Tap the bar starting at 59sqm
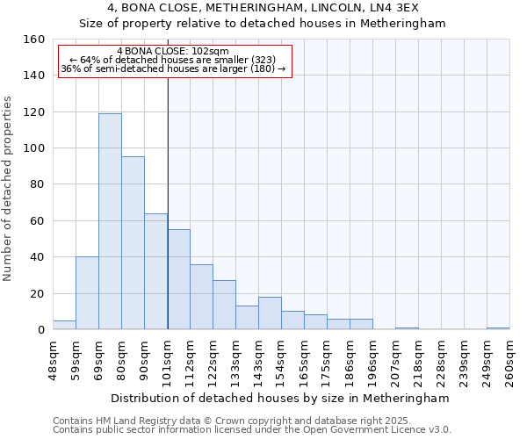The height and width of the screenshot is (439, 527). pyautogui.click(x=87, y=293)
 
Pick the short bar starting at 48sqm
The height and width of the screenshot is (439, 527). pyautogui.click(x=64, y=325)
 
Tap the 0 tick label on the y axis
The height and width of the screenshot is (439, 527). pyautogui.click(x=40, y=330)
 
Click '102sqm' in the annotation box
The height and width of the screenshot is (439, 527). pyautogui.click(x=210, y=52)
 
